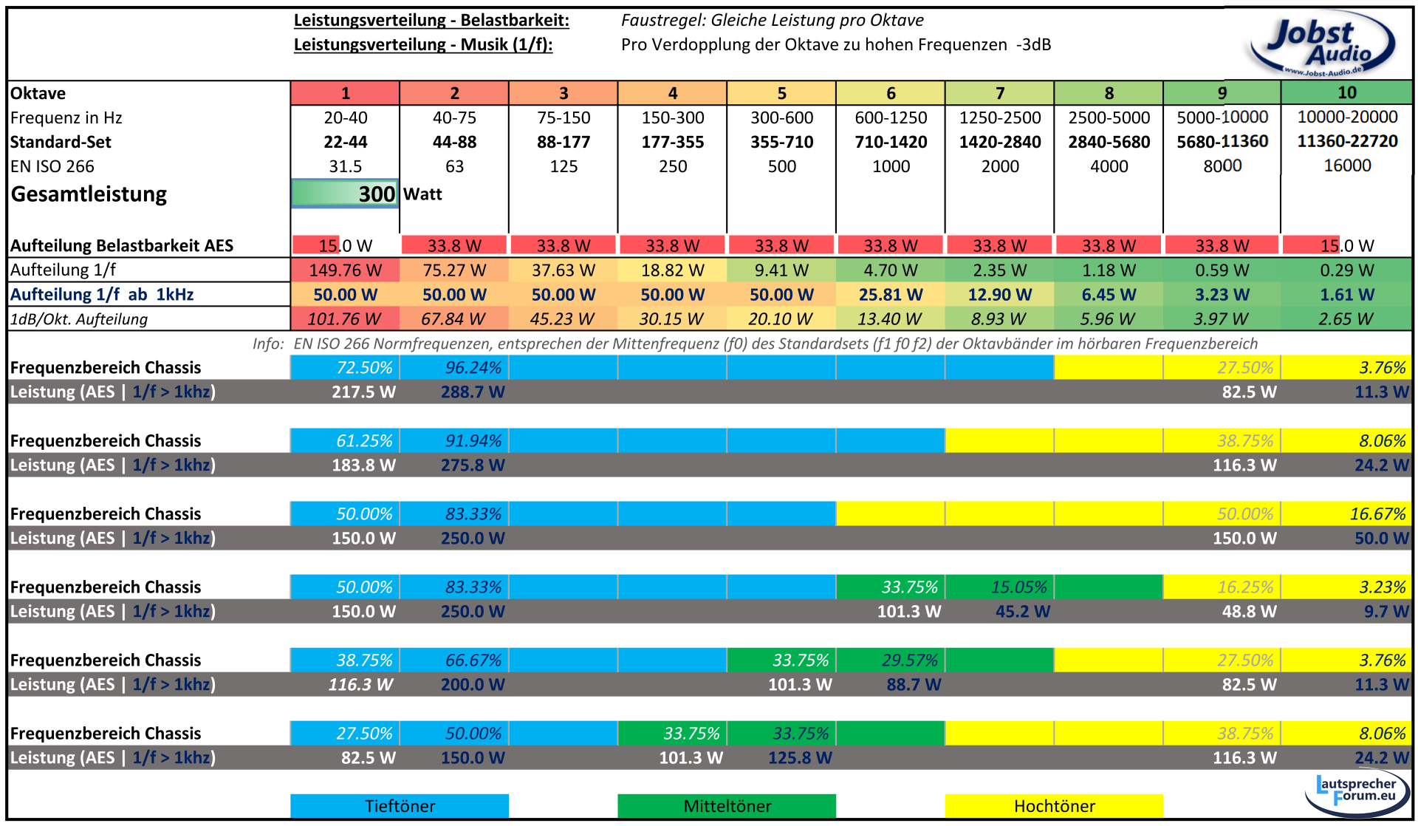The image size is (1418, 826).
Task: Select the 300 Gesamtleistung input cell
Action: (x=345, y=194)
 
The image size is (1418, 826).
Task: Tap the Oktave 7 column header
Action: (x=999, y=93)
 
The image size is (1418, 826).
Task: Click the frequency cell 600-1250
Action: (x=891, y=117)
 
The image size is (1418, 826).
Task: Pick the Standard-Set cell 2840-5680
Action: (x=1109, y=142)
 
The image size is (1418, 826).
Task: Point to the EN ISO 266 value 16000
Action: (x=1347, y=165)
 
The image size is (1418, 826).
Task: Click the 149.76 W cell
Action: (x=345, y=270)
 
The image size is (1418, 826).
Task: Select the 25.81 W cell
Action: (x=891, y=295)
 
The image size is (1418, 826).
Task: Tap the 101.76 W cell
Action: (x=344, y=319)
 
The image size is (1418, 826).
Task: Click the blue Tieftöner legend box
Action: (x=400, y=806)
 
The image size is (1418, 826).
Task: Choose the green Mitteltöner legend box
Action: (x=727, y=806)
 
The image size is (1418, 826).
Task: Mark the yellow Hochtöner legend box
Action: (x=1054, y=806)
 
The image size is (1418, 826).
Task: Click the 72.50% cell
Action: (x=364, y=368)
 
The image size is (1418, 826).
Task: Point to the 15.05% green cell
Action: (x=1018, y=587)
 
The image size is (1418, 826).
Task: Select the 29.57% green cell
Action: (x=909, y=661)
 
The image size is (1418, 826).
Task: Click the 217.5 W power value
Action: (x=363, y=392)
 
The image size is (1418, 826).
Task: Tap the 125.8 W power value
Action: (x=800, y=758)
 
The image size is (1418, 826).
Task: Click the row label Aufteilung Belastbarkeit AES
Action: (x=122, y=246)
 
